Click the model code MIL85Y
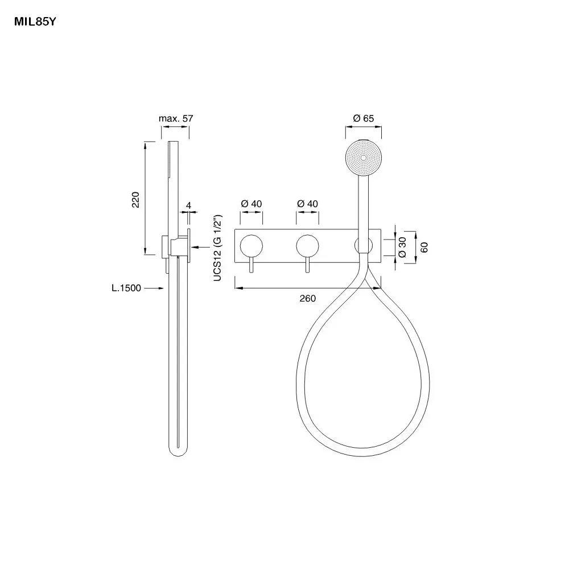coord(35,22)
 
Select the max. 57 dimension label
coord(176,118)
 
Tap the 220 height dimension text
coord(135,200)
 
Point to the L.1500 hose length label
coord(126,288)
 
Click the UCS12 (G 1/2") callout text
coord(217,248)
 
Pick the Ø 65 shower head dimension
coord(363,118)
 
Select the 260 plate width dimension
coord(308,298)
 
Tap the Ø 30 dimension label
coord(402,248)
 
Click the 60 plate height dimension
coord(424,248)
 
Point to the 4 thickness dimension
coord(189,205)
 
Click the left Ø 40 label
coord(251,204)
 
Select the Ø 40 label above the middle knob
coord(308,204)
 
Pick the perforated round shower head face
coord(363,158)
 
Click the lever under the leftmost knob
coord(251,265)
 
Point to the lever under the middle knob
coord(308,265)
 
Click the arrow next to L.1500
coord(154,288)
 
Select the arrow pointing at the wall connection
coord(200,247)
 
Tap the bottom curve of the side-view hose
coord(178,456)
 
